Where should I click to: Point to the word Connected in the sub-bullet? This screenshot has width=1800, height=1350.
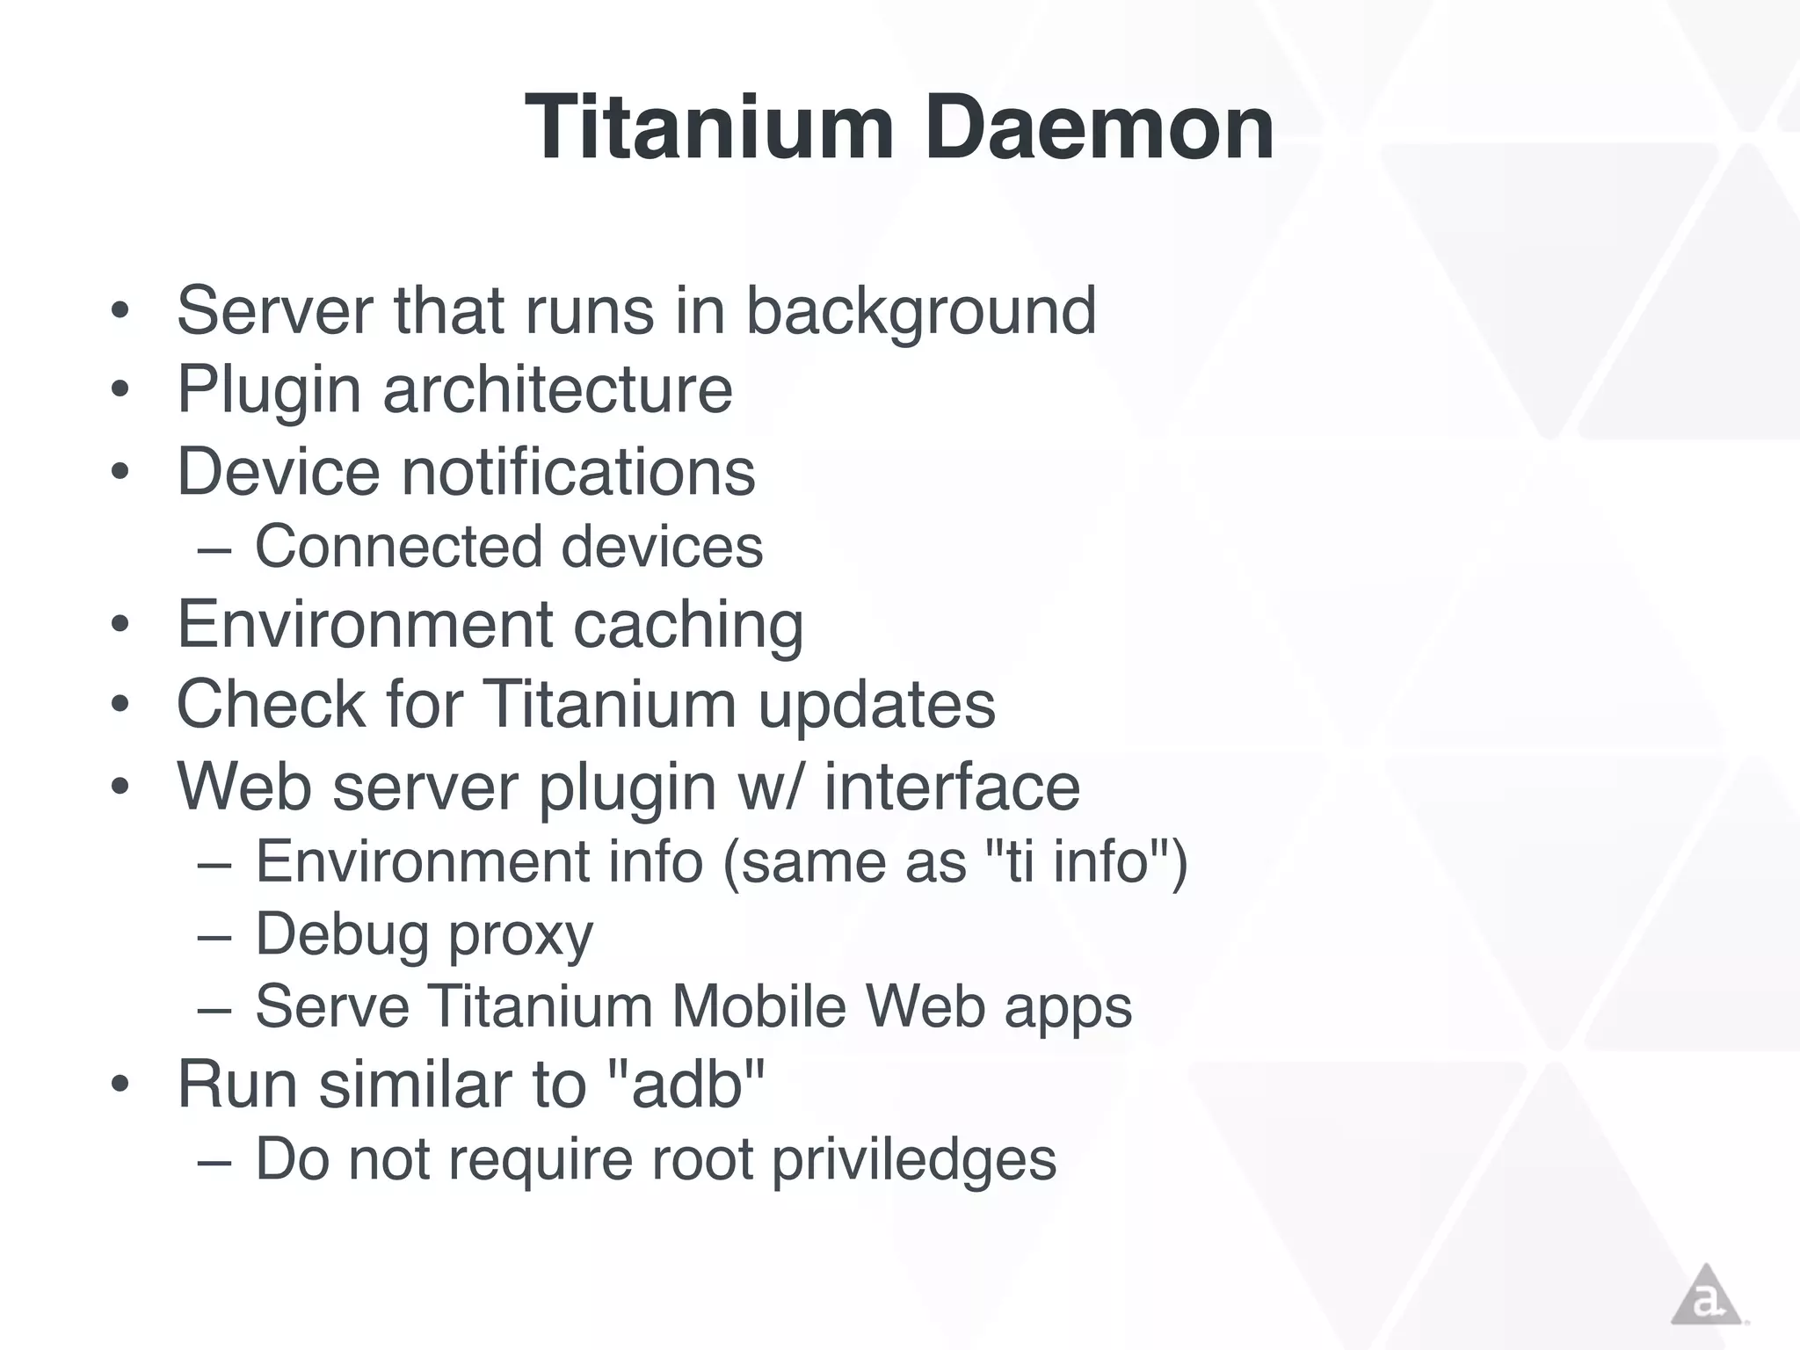point(398,547)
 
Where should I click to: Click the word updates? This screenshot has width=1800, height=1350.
point(876,705)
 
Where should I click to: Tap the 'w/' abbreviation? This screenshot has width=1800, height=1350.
point(770,787)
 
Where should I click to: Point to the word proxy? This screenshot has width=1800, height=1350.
point(521,935)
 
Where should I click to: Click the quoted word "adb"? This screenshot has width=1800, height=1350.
point(686,1085)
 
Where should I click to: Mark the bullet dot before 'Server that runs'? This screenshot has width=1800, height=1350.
point(120,311)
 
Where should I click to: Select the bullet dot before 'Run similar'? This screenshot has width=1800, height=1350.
point(120,1085)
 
